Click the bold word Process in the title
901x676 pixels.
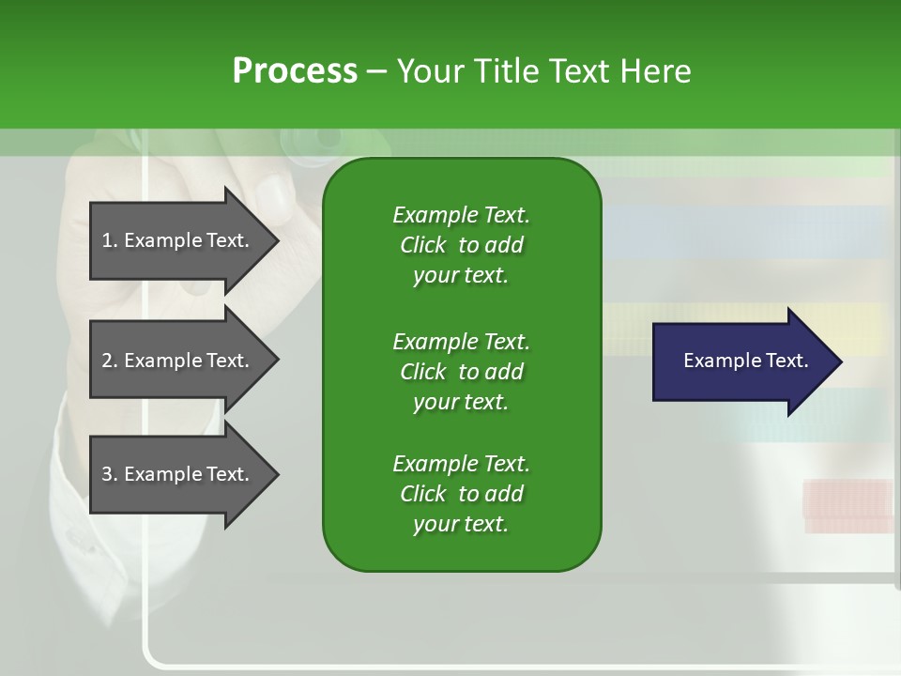coord(295,71)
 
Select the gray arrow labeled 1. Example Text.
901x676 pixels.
coord(178,240)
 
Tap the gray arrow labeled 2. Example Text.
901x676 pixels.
coord(178,361)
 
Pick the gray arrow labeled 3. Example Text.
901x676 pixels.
coord(178,474)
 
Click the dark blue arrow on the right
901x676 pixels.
coord(741,361)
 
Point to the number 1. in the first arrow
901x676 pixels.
coord(110,240)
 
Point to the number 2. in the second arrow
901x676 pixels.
coord(110,361)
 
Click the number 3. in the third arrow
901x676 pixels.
coord(110,474)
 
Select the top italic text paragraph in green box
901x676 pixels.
coord(461,245)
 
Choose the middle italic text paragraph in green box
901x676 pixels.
coord(461,371)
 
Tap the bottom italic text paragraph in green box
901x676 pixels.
coord(461,494)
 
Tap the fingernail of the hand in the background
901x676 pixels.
coord(275,196)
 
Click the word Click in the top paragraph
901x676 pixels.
coord(422,245)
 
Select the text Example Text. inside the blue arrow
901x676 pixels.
coord(745,361)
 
